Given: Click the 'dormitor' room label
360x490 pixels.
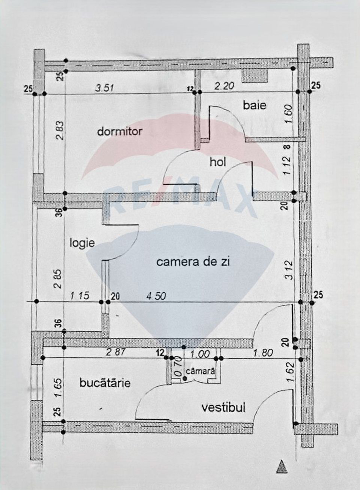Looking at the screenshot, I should coord(120,132).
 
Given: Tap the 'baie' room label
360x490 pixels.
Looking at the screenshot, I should coord(255,105).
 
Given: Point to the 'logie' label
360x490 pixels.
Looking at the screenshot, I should coord(82,243).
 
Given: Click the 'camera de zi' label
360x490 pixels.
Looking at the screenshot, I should coord(193,262).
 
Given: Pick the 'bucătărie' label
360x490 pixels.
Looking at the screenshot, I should coord(105,383).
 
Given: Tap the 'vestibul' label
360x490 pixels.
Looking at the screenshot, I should coord(223,407).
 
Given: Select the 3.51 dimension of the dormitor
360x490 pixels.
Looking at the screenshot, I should coord(104,88).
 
